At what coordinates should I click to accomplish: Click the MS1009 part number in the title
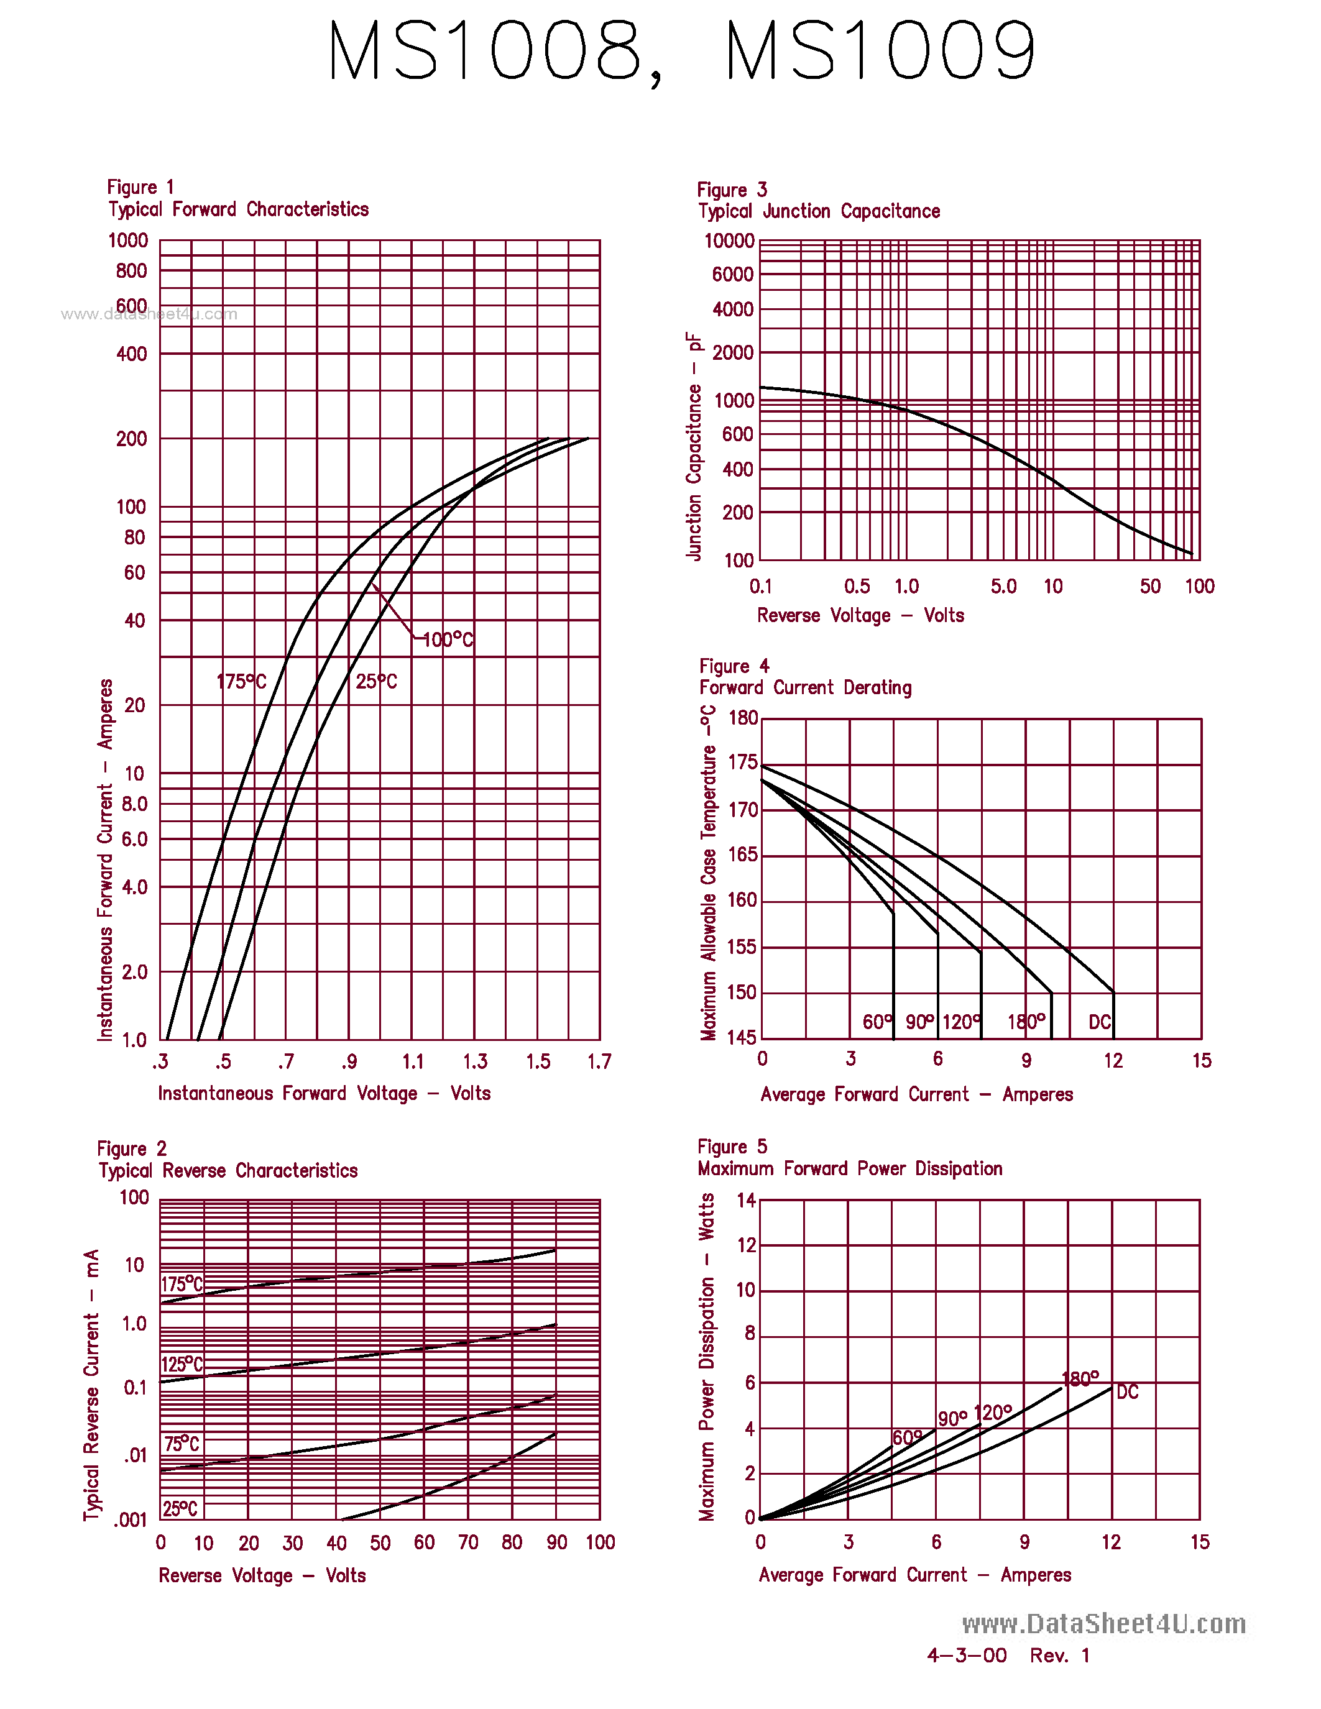coord(880,51)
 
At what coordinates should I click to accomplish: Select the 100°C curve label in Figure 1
coord(448,640)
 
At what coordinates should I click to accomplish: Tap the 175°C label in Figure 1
coord(241,682)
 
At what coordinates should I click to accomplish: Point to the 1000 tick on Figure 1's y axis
coord(127,241)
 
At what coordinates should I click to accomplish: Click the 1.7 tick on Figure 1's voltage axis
coord(599,1062)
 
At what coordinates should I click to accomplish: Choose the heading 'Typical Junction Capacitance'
coord(819,211)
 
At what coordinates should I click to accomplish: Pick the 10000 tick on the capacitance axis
coord(729,241)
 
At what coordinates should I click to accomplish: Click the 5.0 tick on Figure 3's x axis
coord(1003,586)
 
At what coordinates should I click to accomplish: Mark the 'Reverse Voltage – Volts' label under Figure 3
coord(860,616)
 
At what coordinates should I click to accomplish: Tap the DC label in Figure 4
coord(1100,1022)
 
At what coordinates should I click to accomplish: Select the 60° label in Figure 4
coord(877,1022)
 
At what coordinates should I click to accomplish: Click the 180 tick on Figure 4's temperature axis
coord(743,718)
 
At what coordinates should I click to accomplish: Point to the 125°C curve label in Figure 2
coord(182,1364)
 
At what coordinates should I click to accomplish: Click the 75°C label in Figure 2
coord(182,1444)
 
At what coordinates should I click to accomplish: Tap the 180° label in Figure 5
coord(1080,1379)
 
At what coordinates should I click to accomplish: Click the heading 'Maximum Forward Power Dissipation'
coord(849,1169)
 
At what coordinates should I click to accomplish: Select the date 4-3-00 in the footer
coord(967,1655)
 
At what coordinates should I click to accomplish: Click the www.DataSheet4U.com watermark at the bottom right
coord(1103,1624)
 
